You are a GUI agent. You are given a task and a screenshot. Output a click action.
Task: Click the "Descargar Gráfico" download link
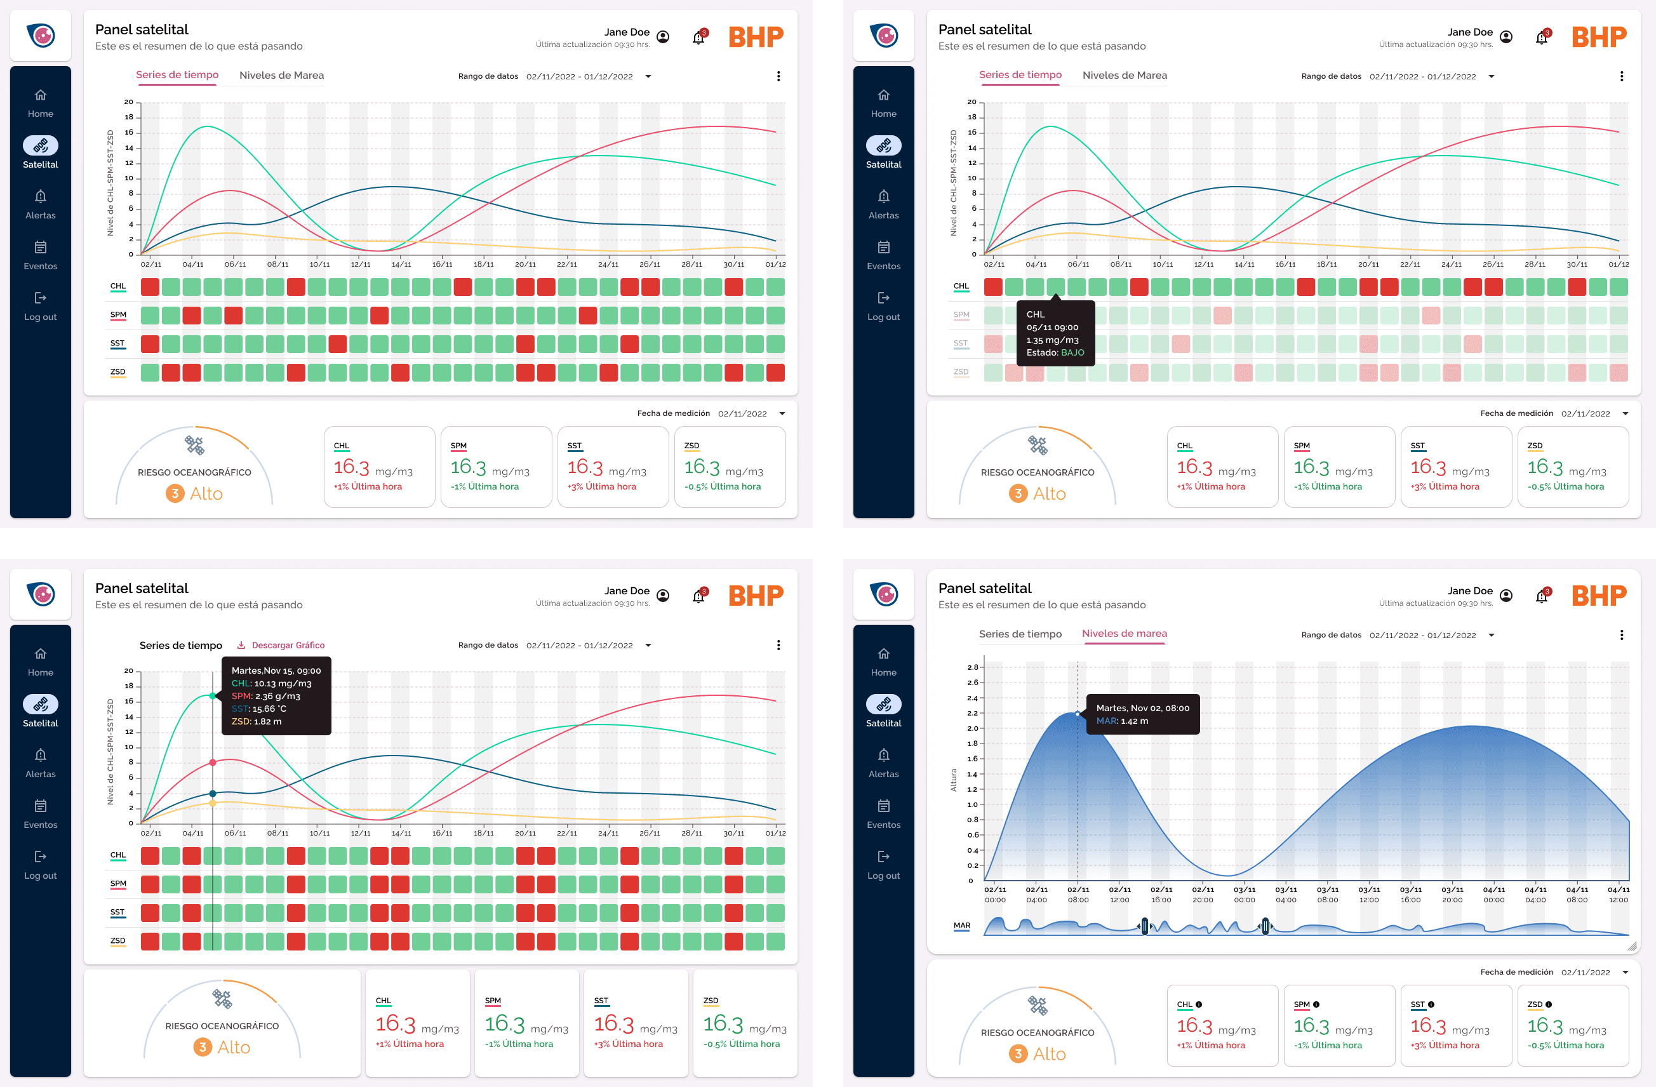click(281, 645)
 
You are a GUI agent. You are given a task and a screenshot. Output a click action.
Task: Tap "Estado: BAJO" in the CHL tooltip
click(1055, 353)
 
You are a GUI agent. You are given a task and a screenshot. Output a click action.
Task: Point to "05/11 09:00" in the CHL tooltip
click(1052, 327)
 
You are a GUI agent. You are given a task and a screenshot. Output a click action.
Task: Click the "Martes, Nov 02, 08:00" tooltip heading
click(1142, 708)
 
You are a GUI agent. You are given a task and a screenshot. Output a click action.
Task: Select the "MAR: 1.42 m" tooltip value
click(1123, 721)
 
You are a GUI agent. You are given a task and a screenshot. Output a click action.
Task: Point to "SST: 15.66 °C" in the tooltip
click(259, 709)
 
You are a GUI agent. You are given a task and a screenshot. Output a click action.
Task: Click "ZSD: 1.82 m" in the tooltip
click(257, 721)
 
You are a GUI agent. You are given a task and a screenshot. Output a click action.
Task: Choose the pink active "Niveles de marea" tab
click(1125, 633)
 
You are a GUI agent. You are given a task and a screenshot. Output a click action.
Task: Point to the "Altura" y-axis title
click(953, 780)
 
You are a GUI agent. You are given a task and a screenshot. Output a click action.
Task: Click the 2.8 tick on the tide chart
click(972, 667)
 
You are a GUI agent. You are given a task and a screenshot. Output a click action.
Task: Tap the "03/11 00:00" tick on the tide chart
click(1244, 894)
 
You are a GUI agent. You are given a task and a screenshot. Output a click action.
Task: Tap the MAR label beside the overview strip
click(961, 926)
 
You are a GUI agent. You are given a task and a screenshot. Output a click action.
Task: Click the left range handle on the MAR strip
click(1145, 926)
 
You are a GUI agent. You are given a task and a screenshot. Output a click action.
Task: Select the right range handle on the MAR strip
click(1265, 926)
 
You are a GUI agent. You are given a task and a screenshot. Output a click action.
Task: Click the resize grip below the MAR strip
click(1632, 946)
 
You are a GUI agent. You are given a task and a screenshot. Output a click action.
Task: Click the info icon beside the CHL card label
click(1198, 1004)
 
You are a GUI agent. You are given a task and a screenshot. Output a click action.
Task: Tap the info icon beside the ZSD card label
click(1548, 1004)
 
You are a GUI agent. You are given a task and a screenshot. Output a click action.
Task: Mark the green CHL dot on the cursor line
click(213, 696)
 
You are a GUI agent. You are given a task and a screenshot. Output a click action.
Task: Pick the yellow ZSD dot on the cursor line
click(213, 803)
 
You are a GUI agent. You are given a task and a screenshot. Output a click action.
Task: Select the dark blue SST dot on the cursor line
click(213, 793)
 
